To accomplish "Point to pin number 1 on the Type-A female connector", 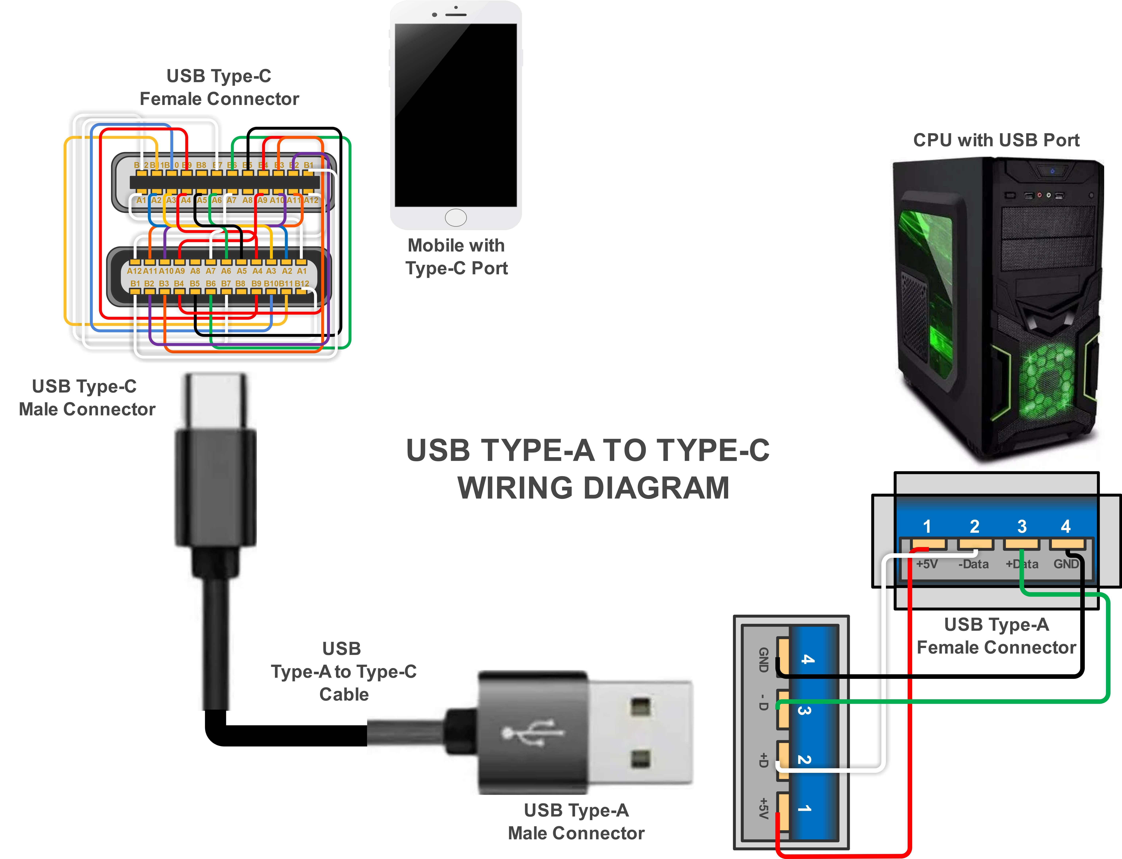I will (x=927, y=526).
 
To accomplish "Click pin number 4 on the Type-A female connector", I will (x=1065, y=526).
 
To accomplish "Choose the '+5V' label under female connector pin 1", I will (x=927, y=564).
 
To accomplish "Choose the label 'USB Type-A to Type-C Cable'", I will (x=343, y=671).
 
